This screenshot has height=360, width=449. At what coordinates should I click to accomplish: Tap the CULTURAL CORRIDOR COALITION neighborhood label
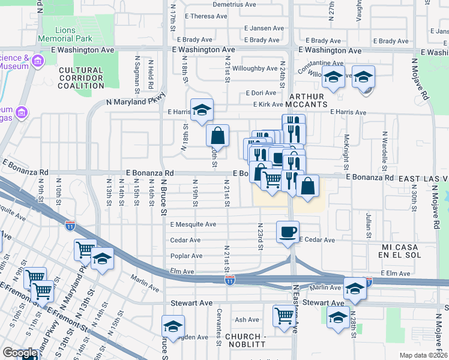tap(82, 78)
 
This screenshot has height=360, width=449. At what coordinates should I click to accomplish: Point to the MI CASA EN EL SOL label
tap(406, 252)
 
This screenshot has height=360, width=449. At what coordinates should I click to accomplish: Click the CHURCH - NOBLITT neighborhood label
tap(247, 341)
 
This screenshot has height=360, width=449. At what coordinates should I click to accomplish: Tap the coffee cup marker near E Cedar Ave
tap(288, 230)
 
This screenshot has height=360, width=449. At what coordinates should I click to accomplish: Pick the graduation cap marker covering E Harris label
tap(202, 109)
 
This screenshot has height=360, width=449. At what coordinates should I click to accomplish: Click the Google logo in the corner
tap(20, 353)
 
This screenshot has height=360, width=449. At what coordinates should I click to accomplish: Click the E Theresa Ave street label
tap(207, 16)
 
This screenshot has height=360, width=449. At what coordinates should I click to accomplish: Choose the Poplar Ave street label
tap(185, 256)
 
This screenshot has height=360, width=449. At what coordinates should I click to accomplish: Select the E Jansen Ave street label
tap(264, 28)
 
